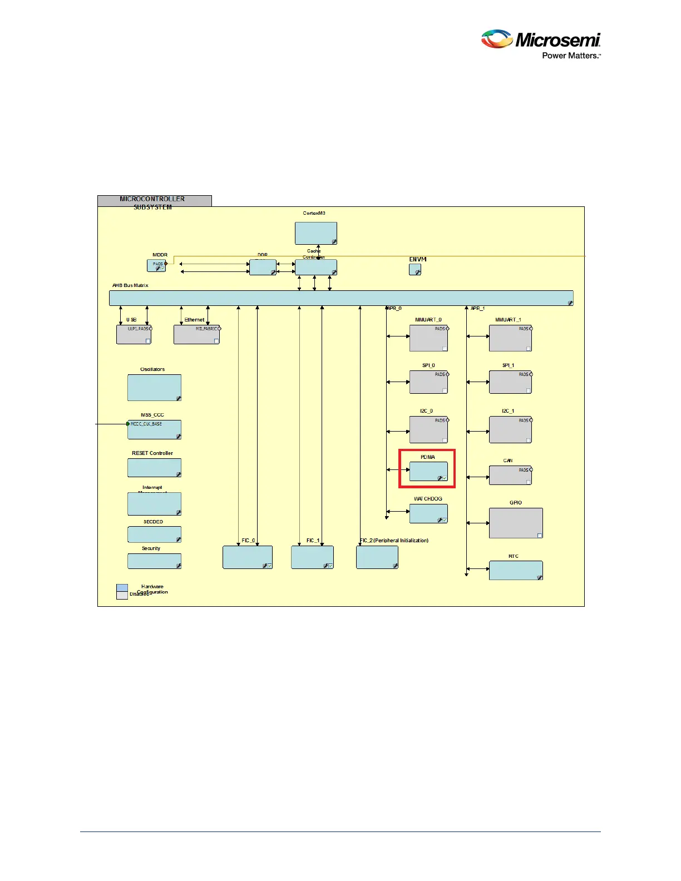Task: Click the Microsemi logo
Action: pyautogui.click(x=541, y=44)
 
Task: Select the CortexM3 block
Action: pyautogui.click(x=315, y=233)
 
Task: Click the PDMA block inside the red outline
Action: pyautogui.click(x=428, y=472)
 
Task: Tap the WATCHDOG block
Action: pyautogui.click(x=428, y=513)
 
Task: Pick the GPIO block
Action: pyautogui.click(x=515, y=523)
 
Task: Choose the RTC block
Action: pyautogui.click(x=515, y=570)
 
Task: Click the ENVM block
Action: pyautogui.click(x=415, y=269)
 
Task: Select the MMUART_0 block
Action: pyautogui.click(x=428, y=338)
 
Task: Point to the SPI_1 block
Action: pyautogui.click(x=510, y=382)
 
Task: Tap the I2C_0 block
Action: pyautogui.click(x=428, y=429)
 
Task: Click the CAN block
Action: pyautogui.click(x=510, y=475)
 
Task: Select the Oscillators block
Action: pyautogui.click(x=154, y=388)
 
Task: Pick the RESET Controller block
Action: pyautogui.click(x=154, y=468)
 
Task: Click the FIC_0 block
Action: pyautogui.click(x=247, y=557)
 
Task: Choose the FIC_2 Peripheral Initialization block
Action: pyautogui.click(x=377, y=557)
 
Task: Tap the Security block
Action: pyautogui.click(x=154, y=561)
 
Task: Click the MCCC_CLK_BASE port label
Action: pyautogui.click(x=146, y=424)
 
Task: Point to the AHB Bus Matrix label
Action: pyautogui.click(x=130, y=285)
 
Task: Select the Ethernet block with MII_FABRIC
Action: pyautogui.click(x=196, y=334)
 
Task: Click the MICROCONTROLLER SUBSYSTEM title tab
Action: pyautogui.click(x=154, y=201)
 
